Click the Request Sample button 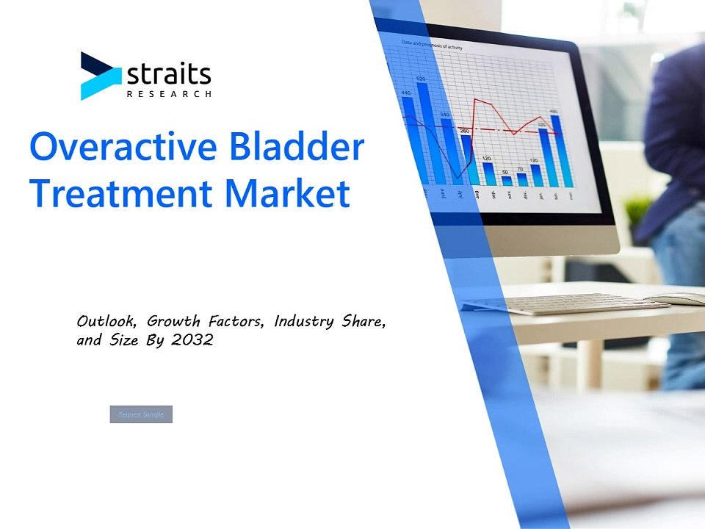click(141, 414)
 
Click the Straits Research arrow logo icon click(100, 76)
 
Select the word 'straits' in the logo click(169, 73)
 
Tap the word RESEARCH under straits click(170, 95)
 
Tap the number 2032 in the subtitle click(193, 340)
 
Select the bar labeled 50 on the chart click(506, 180)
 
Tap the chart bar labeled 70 click(521, 179)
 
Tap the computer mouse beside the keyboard click(679, 298)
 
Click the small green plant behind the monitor click(637, 210)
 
